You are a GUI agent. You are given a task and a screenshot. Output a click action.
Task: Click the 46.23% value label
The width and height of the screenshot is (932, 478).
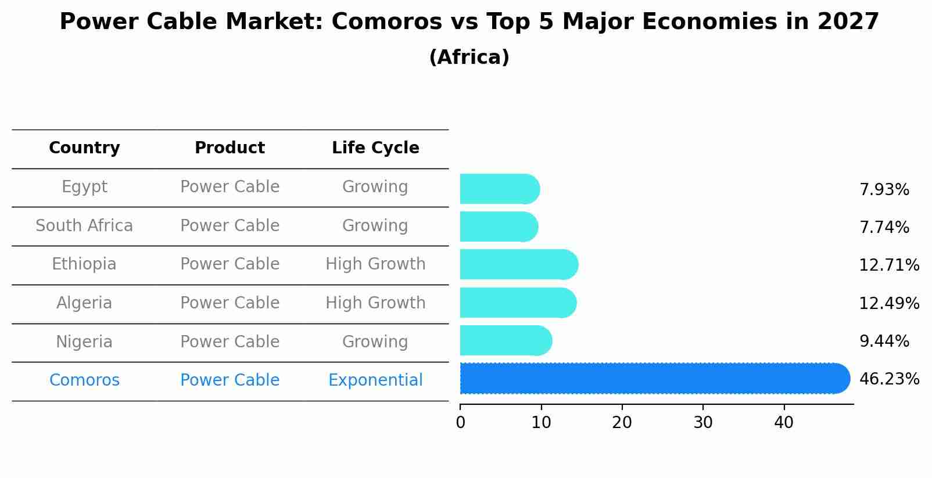tap(888, 379)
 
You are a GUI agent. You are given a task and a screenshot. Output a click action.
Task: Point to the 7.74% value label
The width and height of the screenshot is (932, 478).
tap(884, 228)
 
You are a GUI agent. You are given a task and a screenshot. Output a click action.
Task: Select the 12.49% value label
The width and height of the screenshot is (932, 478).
tap(888, 303)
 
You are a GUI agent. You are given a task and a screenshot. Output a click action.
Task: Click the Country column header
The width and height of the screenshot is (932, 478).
tap(84, 148)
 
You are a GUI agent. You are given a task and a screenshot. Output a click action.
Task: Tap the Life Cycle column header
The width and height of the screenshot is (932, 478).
tap(375, 148)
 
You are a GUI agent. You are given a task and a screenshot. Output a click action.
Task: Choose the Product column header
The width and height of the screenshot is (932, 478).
tap(230, 148)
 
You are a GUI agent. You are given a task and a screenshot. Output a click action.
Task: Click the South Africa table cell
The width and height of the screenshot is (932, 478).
tap(84, 225)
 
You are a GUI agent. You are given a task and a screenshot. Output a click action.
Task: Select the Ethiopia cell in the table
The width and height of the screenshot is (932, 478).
tap(84, 264)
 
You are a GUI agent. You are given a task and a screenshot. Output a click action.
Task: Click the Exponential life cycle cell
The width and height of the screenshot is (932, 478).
tap(375, 380)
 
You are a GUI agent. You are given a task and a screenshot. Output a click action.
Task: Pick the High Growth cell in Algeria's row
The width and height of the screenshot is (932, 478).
tap(375, 303)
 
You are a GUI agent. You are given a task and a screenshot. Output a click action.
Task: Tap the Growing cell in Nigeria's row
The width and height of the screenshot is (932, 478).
tap(375, 342)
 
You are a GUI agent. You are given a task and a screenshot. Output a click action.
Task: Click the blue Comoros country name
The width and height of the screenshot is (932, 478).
tap(84, 380)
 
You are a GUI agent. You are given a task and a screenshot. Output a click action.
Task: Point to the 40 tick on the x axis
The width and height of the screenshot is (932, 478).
tap(783, 423)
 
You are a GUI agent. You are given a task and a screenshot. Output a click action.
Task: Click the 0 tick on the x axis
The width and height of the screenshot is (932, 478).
tap(460, 423)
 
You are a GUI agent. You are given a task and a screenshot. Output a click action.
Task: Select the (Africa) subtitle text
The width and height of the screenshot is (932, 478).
tap(469, 57)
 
